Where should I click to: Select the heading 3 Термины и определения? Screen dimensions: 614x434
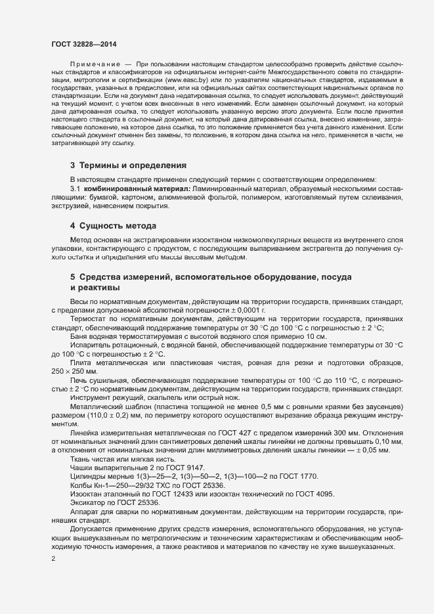(128, 165)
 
